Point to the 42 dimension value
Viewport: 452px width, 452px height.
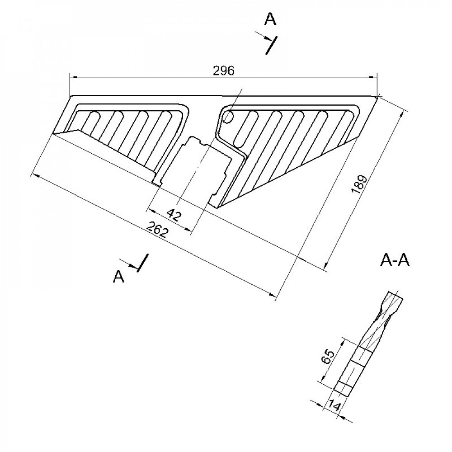[174, 215]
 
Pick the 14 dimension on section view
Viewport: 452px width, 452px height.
[333, 405]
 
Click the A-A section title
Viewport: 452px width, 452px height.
[395, 261]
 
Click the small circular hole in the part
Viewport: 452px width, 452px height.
[228, 117]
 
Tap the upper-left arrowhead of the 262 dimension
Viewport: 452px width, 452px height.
[34, 174]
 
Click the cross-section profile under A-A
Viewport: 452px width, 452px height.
[366, 344]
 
